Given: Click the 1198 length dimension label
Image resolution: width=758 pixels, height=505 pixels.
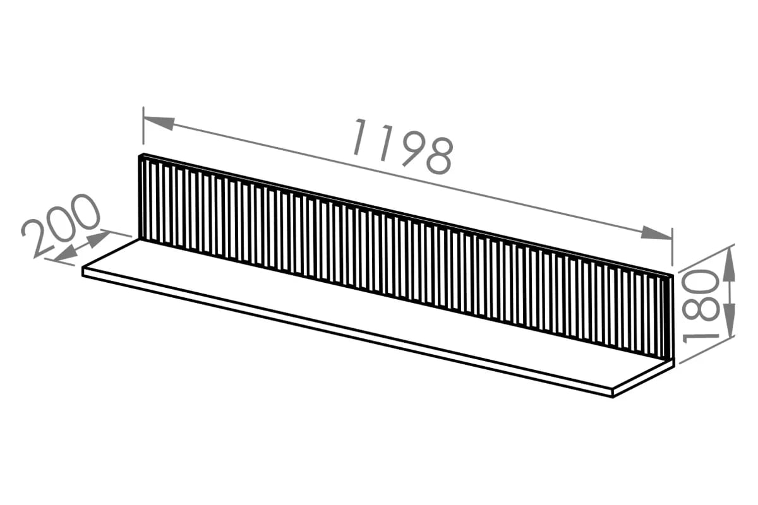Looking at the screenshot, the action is pyautogui.click(x=403, y=146).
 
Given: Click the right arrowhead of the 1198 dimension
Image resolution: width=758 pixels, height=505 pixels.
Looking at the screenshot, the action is pyautogui.click(x=656, y=233).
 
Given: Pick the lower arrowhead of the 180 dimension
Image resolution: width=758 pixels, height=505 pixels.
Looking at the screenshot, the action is pyautogui.click(x=729, y=320).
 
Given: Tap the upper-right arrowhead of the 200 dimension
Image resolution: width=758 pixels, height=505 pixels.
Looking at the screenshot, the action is pyautogui.click(x=98, y=238).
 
